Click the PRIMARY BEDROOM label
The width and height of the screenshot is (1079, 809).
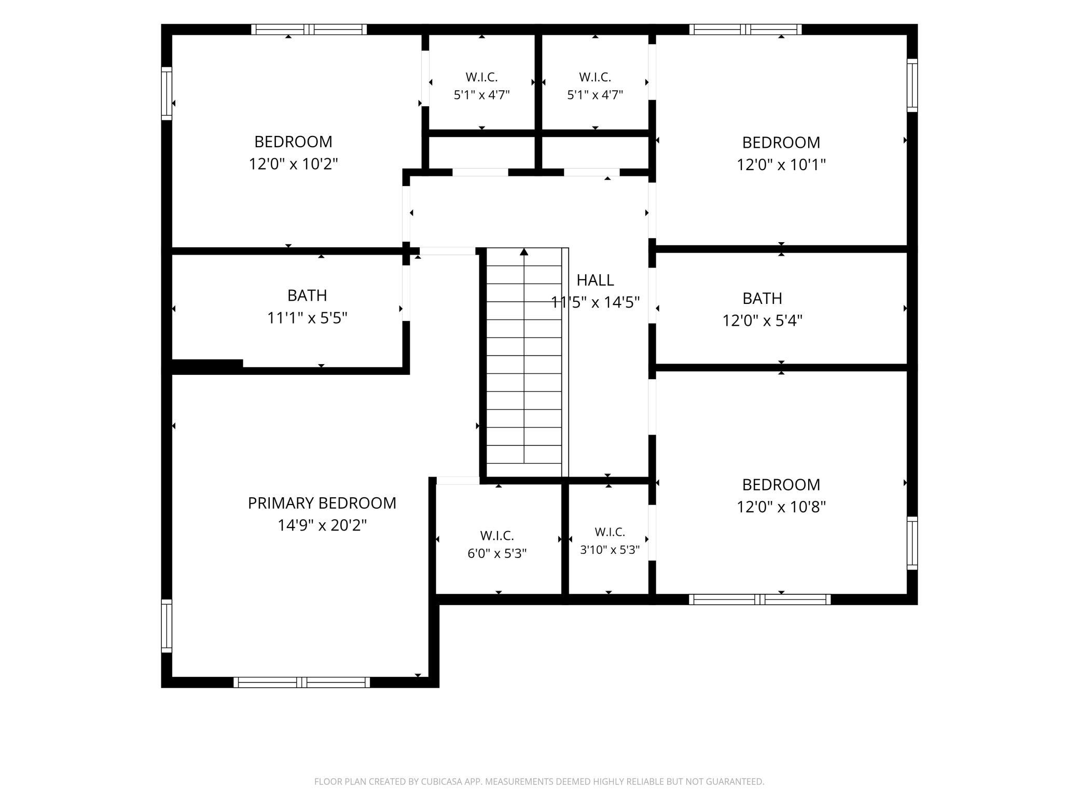pyautogui.click(x=322, y=503)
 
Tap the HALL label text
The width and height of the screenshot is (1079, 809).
pyautogui.click(x=595, y=280)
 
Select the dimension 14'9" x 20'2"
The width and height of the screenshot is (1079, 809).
pyautogui.click(x=322, y=525)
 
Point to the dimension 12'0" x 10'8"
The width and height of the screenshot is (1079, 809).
pyautogui.click(x=781, y=507)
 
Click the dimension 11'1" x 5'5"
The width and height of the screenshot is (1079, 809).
pyautogui.click(x=307, y=317)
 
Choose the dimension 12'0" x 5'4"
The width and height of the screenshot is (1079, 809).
pyautogui.click(x=763, y=320)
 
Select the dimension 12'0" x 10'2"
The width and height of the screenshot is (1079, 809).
pyautogui.click(x=294, y=164)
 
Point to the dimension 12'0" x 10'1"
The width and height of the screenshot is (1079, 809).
pyautogui.click(x=781, y=164)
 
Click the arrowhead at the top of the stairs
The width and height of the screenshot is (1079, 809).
pyautogui.click(x=524, y=252)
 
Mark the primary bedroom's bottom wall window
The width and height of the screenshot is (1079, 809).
pyautogui.click(x=302, y=682)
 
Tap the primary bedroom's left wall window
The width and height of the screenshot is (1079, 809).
pyautogui.click(x=167, y=626)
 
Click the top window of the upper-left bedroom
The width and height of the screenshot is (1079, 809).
pyautogui.click(x=309, y=29)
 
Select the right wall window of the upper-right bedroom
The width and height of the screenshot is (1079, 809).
pyautogui.click(x=912, y=85)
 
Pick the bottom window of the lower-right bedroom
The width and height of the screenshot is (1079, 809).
pyautogui.click(x=760, y=599)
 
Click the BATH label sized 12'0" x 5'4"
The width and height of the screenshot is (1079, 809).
pyautogui.click(x=762, y=298)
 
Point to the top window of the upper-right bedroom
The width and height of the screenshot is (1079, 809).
pyautogui.click(x=745, y=29)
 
